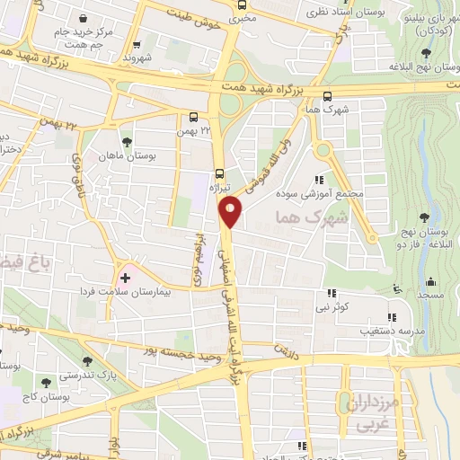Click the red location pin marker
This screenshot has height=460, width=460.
pyautogui.click(x=231, y=212)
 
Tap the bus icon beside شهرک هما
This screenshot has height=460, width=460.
pyautogui.click(x=326, y=97)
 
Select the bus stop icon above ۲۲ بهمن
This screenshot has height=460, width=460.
pyautogui.click(x=194, y=117)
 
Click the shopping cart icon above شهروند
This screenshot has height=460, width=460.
pyautogui.click(x=137, y=44)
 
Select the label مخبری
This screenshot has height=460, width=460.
pyautogui.click(x=242, y=16)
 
